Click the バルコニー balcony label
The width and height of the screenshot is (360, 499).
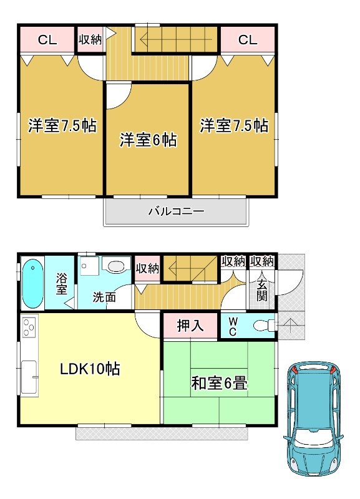point(176,211)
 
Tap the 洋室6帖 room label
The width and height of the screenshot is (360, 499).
point(148,139)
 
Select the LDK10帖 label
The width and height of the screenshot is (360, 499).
point(90,368)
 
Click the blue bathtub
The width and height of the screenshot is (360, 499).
point(31,284)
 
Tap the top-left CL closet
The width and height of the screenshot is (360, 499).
point(47,41)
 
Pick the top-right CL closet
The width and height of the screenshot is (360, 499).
point(247,41)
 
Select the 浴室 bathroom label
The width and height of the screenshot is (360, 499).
point(62,284)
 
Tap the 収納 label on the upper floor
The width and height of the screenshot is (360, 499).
point(90,40)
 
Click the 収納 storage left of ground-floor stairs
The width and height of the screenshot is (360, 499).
point(147,269)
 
